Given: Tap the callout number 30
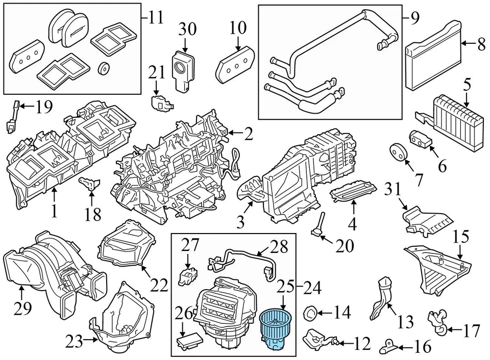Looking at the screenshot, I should point(188,29).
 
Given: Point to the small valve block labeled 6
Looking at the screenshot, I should point(421,139).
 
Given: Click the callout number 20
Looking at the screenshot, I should point(345,246).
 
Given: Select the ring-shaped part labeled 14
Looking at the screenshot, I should point(310,312).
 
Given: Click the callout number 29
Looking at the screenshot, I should point(22,308).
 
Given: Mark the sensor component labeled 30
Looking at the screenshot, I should point(182,70).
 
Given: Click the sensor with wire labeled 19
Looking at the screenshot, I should point(12,117).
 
